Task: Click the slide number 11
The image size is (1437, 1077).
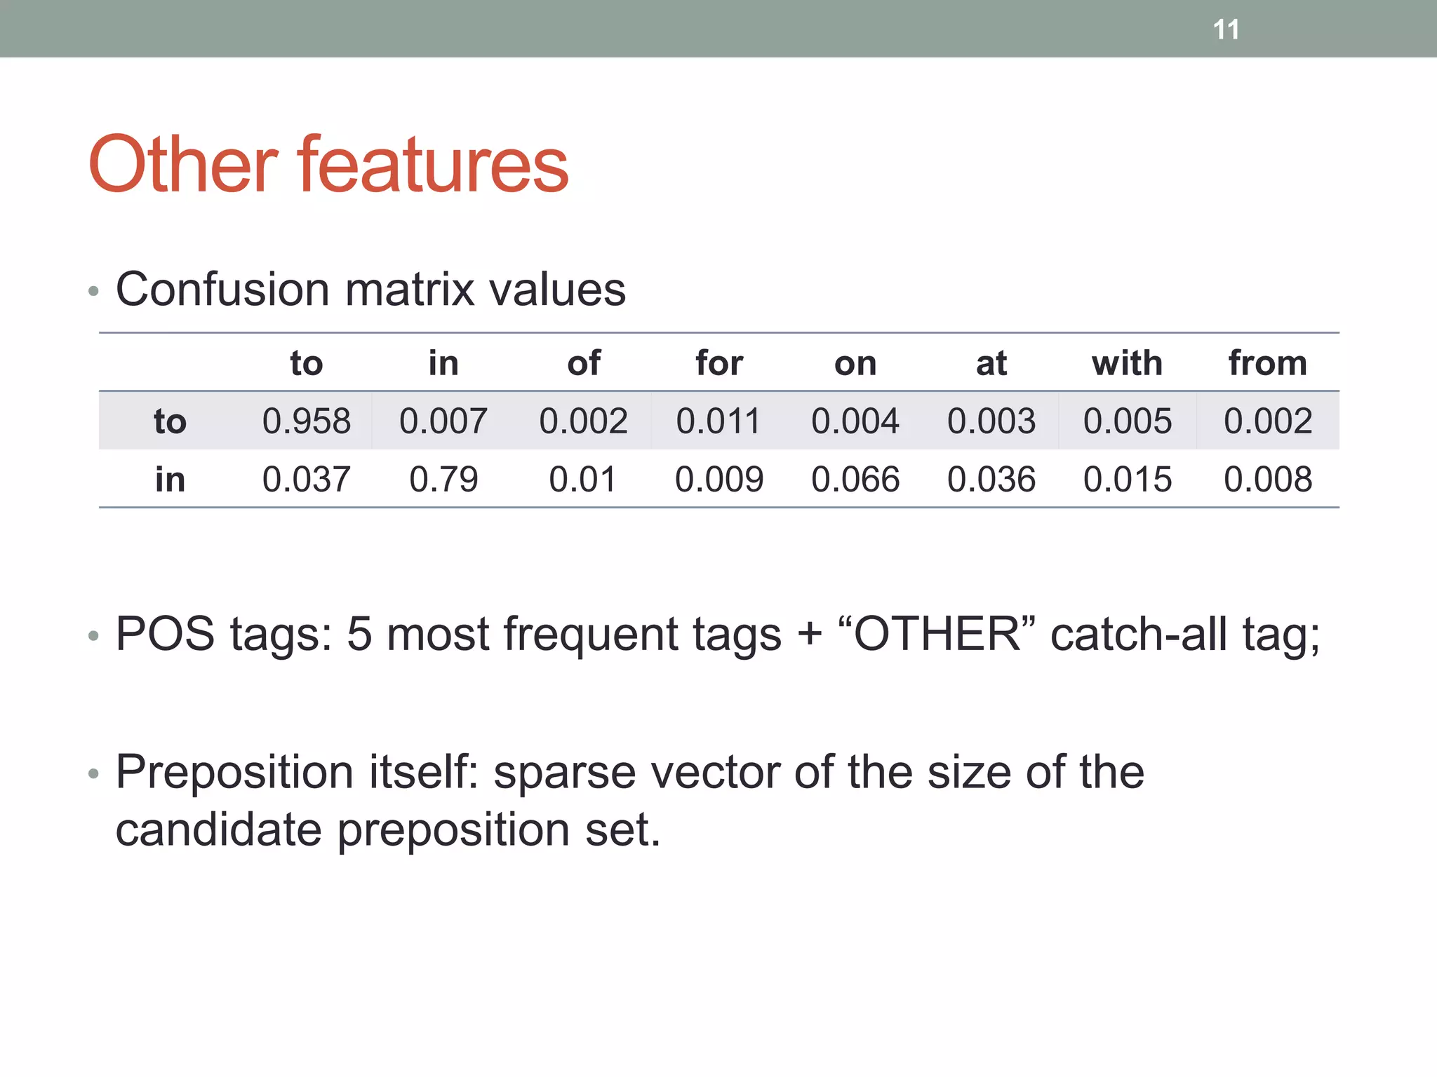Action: coord(1226,29)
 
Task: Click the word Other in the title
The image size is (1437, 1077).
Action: coord(182,165)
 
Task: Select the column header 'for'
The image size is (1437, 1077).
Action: coord(718,363)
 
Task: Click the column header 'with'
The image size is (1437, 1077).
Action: coord(1127,363)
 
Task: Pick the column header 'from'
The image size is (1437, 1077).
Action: coord(1267,363)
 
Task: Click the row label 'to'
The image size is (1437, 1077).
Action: coord(170,421)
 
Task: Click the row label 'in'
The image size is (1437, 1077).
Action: coord(170,480)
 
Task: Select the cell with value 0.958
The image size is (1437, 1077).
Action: coord(306,421)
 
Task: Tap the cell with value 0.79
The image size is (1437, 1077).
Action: coord(443,480)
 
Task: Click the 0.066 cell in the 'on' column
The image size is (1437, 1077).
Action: coord(855,480)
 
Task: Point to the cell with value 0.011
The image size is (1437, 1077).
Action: coord(718,421)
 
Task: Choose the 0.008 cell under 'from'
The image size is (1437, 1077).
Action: coord(1267,480)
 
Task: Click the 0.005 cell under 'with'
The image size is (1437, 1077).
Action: coord(1127,421)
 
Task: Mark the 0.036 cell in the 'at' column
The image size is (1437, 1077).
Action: coord(991,480)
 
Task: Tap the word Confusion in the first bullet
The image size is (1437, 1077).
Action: coord(222,289)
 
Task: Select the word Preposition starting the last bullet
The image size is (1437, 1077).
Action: coord(234,773)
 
